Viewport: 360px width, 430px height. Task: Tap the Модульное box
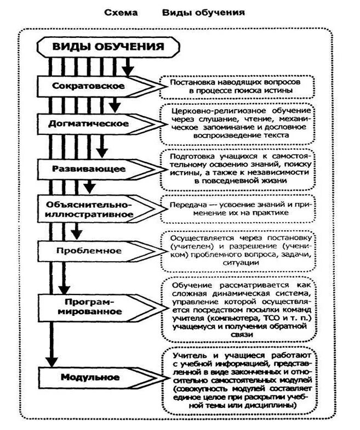tap(90, 377)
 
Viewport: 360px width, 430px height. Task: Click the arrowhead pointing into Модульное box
tap(52, 361)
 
